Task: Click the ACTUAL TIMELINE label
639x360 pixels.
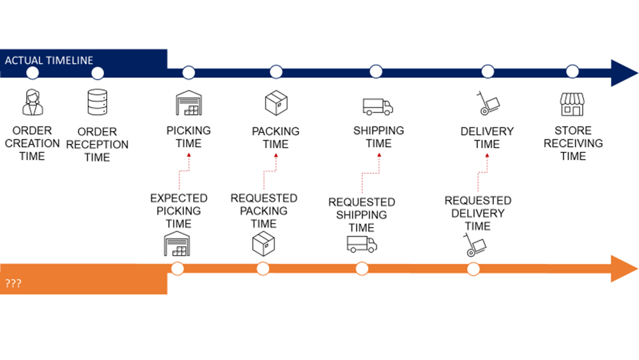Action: coord(49,61)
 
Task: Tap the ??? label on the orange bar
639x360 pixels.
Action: coord(13,283)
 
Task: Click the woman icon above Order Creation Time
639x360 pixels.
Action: coord(33,102)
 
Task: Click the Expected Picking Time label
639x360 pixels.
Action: coord(178,211)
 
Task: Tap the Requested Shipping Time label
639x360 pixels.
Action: coord(362,215)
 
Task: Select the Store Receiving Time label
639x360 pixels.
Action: coord(573,143)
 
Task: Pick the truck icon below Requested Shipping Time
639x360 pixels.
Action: coord(362,244)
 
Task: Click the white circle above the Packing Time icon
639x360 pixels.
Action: coord(276,72)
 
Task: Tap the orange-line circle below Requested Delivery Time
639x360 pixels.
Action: coord(473,269)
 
